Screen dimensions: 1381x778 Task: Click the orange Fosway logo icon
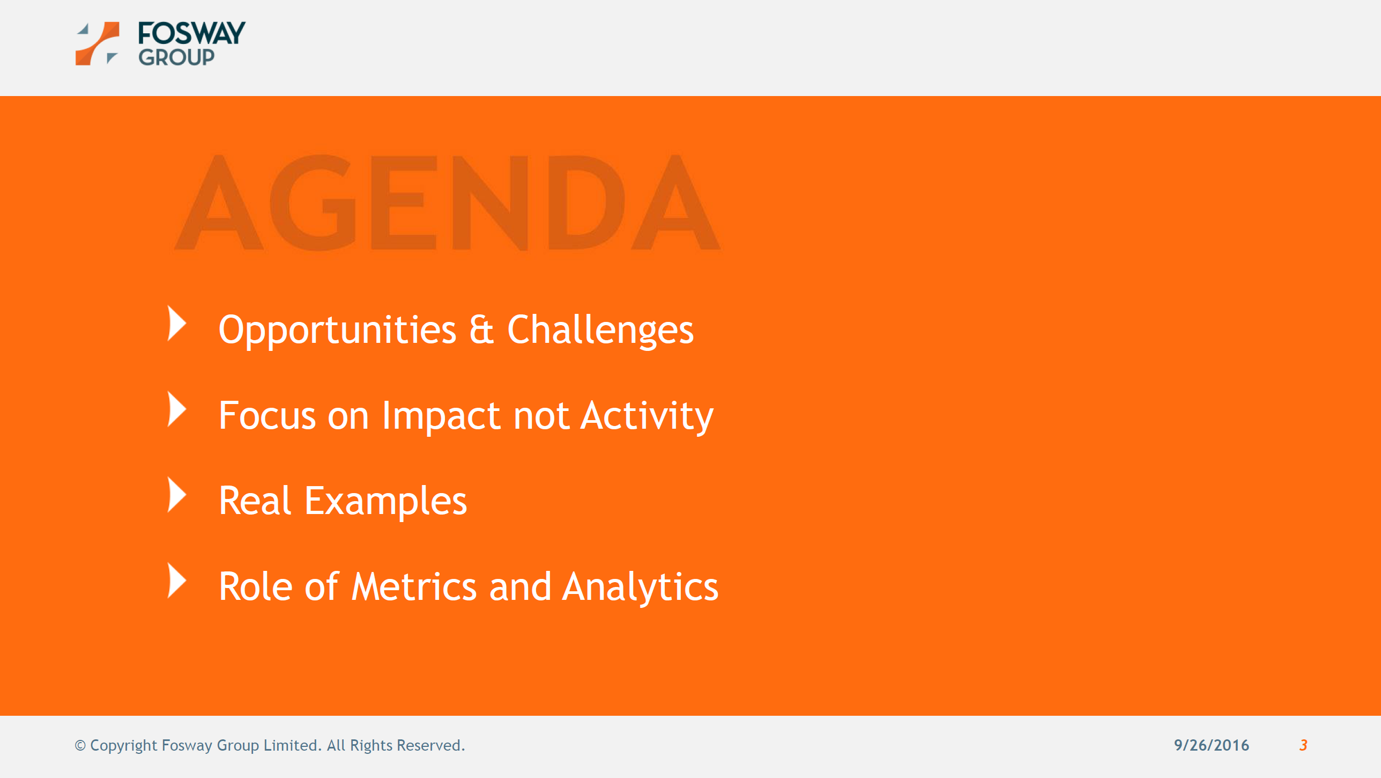coord(97,43)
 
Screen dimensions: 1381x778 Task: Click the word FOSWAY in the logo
coord(191,33)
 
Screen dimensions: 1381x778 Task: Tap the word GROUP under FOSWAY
coord(176,57)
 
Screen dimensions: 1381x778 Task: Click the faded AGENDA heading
coord(448,202)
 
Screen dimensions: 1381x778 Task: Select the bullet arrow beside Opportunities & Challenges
coord(176,324)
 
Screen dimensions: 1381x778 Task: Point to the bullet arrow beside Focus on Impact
coord(176,409)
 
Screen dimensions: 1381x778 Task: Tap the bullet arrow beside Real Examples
coord(176,495)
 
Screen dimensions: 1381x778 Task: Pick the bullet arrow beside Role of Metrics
coord(176,581)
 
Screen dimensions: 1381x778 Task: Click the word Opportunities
coord(338,331)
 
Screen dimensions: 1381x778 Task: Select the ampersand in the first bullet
coord(481,329)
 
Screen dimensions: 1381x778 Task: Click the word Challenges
coord(600,331)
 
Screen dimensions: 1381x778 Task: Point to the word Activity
coord(647,416)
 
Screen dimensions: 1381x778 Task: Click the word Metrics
coord(414,586)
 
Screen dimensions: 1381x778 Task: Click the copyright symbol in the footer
coord(80,746)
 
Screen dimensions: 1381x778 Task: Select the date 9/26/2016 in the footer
coord(1212,745)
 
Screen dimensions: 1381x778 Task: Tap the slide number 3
coord(1303,745)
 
